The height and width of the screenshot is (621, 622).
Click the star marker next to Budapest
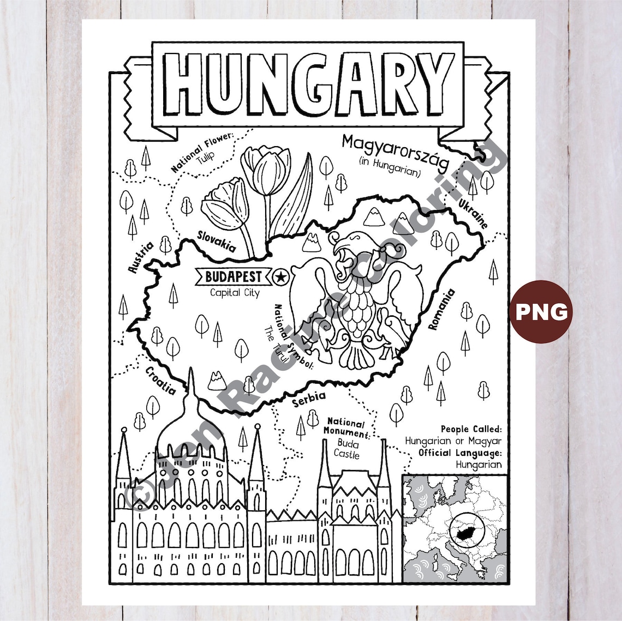pyautogui.click(x=280, y=277)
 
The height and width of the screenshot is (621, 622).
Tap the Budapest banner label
pyautogui.click(x=233, y=277)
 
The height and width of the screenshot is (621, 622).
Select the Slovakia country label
pyautogui.click(x=216, y=240)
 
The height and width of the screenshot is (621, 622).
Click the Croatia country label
pyautogui.click(x=160, y=381)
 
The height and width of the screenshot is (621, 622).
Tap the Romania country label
pyautogui.click(x=441, y=309)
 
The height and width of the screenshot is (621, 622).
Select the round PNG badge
pyautogui.click(x=541, y=311)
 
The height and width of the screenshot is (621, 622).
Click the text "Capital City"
pyautogui.click(x=235, y=293)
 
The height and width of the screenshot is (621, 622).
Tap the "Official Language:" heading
pyautogui.click(x=459, y=453)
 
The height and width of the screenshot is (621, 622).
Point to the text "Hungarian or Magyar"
pyautogui.click(x=453, y=441)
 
